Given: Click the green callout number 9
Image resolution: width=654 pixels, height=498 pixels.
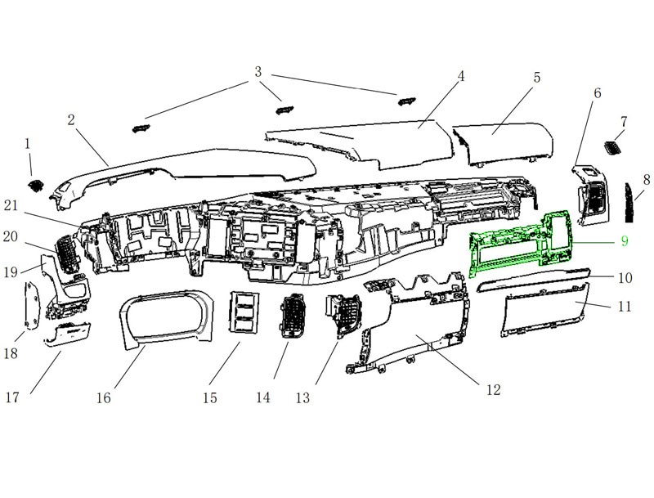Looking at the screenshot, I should click(x=624, y=241).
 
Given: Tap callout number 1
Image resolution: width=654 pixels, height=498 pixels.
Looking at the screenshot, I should click(x=28, y=143).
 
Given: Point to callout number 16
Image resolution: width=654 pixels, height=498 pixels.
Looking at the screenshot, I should click(x=102, y=397).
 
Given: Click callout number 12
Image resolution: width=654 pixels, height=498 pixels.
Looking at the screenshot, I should click(x=493, y=389).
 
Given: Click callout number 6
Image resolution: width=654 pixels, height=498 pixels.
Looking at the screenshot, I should click(x=597, y=93).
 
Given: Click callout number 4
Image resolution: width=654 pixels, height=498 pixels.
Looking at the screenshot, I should click(x=461, y=76).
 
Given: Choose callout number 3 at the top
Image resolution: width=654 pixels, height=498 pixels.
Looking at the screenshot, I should click(x=258, y=71).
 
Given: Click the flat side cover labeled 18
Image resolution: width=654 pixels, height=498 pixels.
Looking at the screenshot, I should click(x=33, y=307).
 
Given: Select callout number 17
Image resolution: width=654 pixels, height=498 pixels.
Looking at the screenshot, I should click(x=12, y=397).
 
